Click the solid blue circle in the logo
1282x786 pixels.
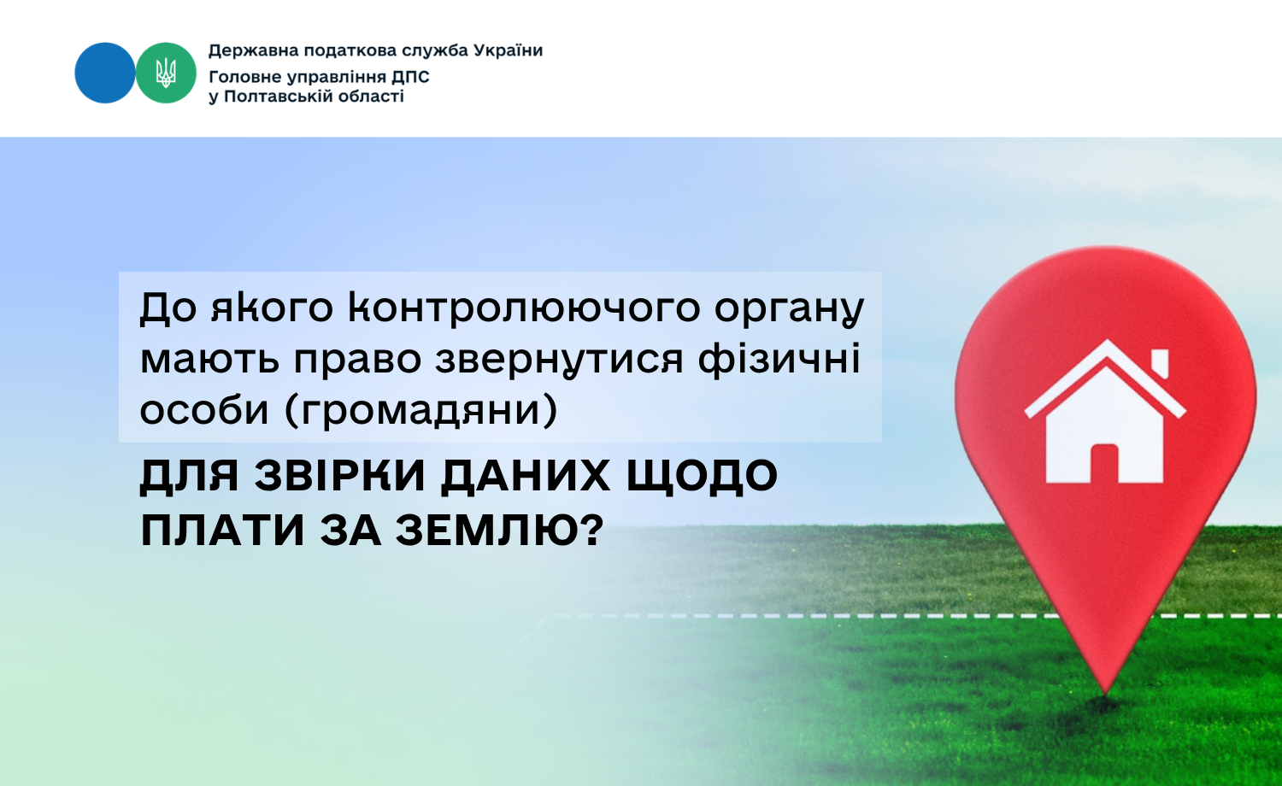[x=105, y=73]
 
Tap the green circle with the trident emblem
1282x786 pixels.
[x=166, y=73]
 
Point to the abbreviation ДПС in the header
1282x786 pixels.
[x=410, y=77]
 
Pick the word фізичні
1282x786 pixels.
[x=779, y=359]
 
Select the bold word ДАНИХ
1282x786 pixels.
[x=526, y=475]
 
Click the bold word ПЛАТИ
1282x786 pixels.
[x=222, y=531]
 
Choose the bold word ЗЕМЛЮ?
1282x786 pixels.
[x=500, y=531]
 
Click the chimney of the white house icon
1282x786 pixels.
[x=1160, y=363]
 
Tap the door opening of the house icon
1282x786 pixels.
[x=1104, y=463]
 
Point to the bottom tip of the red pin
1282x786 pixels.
[x=1106, y=694]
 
